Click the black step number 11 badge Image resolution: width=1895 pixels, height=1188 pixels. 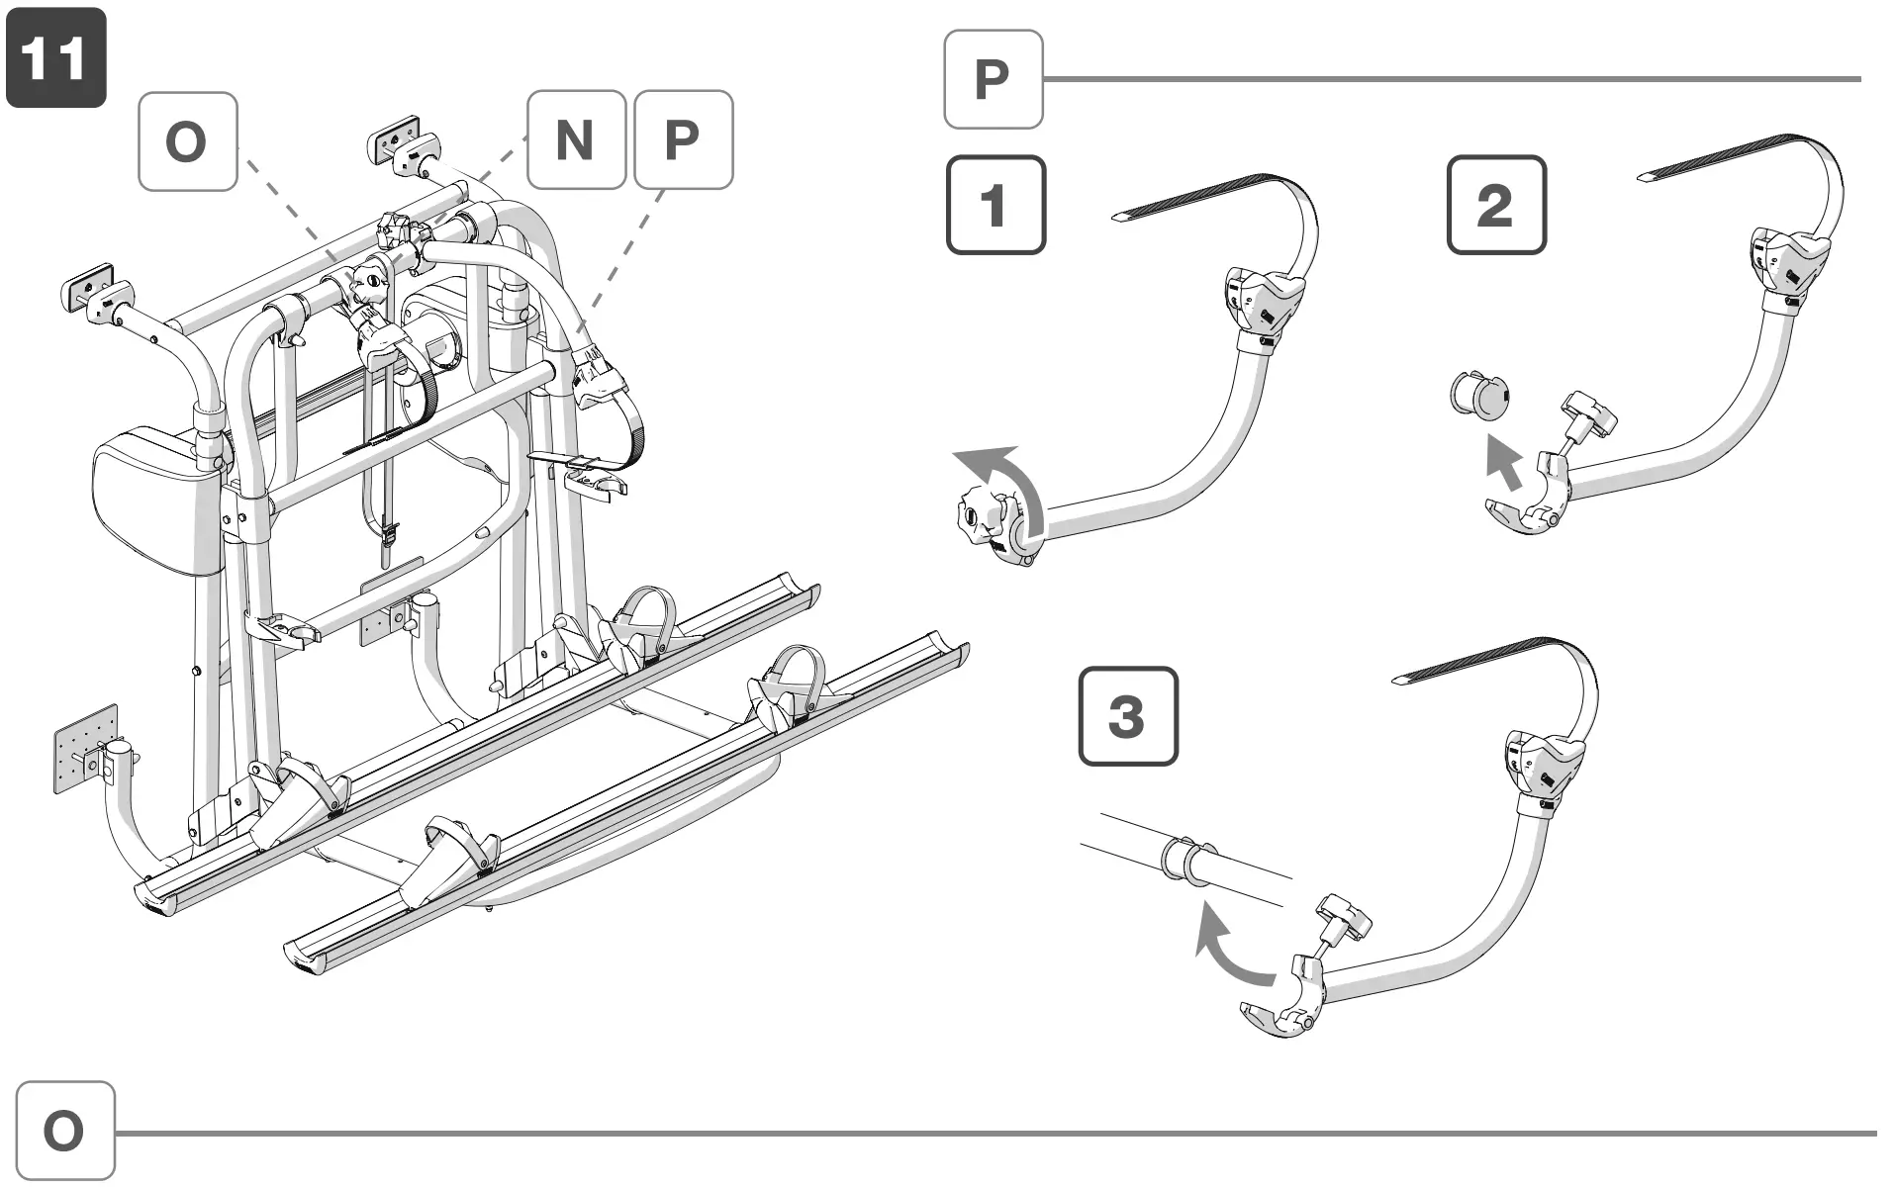[x=55, y=57]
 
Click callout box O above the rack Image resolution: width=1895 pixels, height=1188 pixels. [x=187, y=141]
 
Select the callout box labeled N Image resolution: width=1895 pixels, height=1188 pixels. [x=576, y=139]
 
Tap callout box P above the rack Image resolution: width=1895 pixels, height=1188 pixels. [x=683, y=139]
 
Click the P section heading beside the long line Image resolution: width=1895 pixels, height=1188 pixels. [x=993, y=79]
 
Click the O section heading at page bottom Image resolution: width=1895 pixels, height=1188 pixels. [x=64, y=1131]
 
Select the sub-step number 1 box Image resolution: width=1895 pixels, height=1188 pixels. [x=995, y=205]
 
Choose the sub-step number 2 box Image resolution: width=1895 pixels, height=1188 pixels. [x=1495, y=205]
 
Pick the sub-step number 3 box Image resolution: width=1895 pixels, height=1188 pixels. [x=1127, y=715]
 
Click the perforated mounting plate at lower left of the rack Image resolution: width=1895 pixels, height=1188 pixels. [x=85, y=748]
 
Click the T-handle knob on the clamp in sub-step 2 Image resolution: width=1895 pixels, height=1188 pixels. [x=1587, y=412]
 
